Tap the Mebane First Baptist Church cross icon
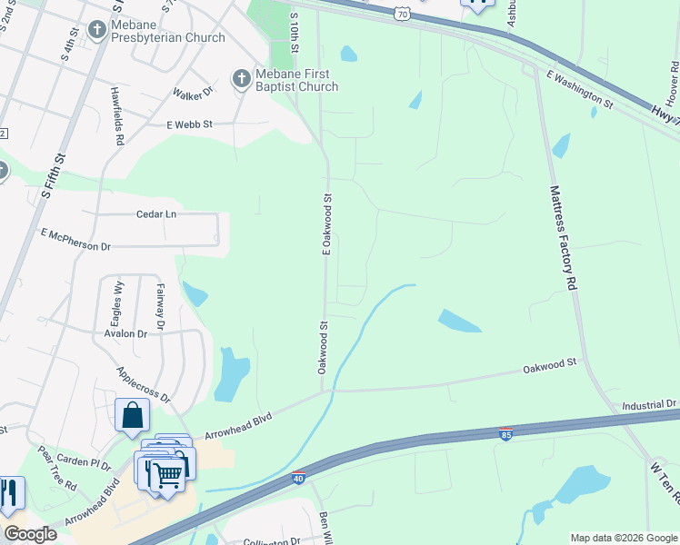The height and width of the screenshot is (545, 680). [241, 79]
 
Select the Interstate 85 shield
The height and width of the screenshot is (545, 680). [506, 434]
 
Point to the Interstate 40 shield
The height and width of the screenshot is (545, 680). [298, 478]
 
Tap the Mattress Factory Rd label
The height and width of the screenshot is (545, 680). [564, 238]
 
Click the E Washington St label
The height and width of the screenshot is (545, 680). [580, 89]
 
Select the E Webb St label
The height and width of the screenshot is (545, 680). [189, 124]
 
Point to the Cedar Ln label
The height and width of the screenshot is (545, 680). [156, 214]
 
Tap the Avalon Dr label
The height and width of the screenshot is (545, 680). [125, 333]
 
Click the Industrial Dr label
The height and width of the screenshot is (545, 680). [650, 403]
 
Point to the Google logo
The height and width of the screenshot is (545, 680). [30, 533]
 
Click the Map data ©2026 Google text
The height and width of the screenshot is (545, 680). [623, 538]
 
